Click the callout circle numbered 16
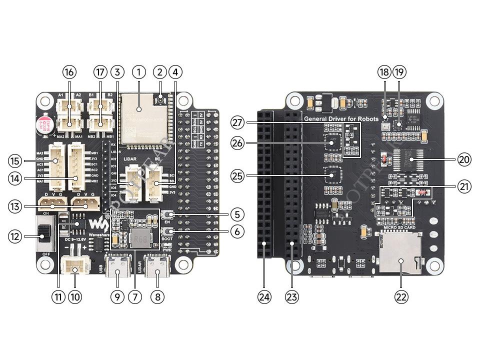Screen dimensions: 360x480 coord(69,72)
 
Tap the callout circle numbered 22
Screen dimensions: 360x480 coord(401,296)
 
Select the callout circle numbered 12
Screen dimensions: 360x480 coord(15,236)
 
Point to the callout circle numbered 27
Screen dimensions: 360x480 coord(238,122)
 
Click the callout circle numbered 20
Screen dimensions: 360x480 coord(464,159)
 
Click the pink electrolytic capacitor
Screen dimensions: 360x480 coord(41,124)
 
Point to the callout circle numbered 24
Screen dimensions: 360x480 coord(264,296)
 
